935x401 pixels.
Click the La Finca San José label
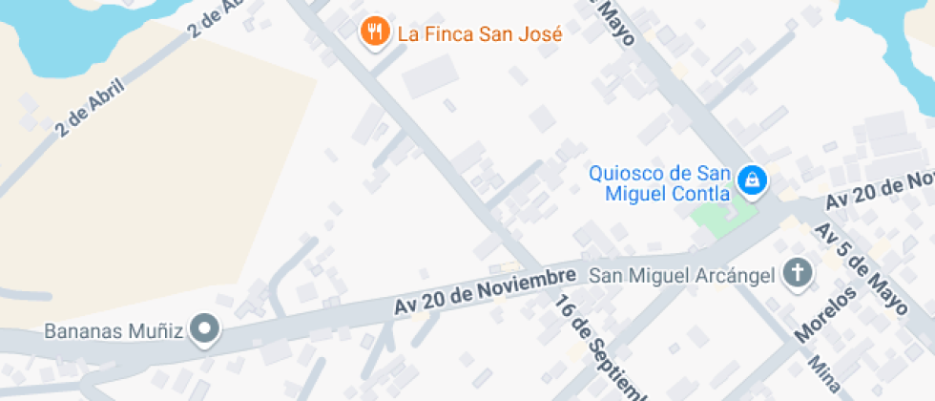tap(480, 34)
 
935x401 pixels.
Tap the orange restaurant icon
tap(373, 32)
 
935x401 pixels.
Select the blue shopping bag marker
tap(754, 179)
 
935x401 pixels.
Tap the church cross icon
tap(797, 275)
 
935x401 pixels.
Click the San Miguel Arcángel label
tap(682, 276)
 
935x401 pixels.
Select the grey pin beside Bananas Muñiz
tap(205, 330)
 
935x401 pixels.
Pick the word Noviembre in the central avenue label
tap(530, 285)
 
